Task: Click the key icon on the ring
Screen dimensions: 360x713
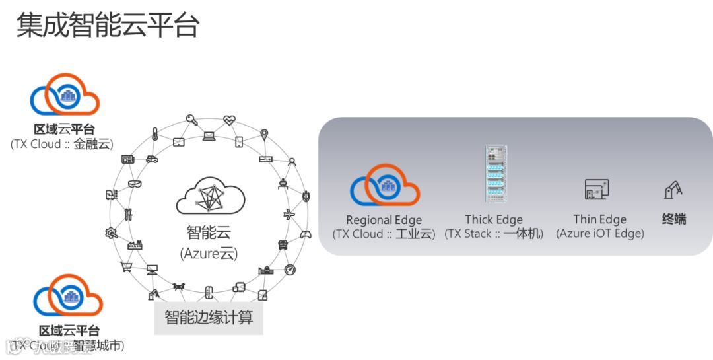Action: point(192,120)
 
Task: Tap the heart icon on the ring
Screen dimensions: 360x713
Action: point(229,120)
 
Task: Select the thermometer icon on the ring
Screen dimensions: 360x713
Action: point(154,135)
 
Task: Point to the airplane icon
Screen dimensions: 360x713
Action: point(289,215)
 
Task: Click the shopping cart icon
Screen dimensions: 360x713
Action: point(125,266)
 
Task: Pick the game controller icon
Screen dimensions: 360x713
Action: point(306,234)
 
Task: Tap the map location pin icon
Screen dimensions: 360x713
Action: point(265,135)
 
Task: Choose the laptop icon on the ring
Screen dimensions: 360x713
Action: point(209,137)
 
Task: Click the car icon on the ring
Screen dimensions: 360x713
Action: point(152,159)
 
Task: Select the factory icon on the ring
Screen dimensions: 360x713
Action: point(135,244)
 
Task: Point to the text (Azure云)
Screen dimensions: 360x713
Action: point(209,253)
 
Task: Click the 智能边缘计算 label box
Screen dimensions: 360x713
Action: point(209,317)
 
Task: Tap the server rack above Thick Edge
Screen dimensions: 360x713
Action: point(494,173)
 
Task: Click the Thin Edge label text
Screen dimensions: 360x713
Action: point(599,219)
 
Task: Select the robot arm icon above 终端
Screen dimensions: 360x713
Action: point(673,190)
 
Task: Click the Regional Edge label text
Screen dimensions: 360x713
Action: point(384,220)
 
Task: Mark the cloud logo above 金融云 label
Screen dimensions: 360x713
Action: point(65,95)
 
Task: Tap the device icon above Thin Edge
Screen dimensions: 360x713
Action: point(597,190)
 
